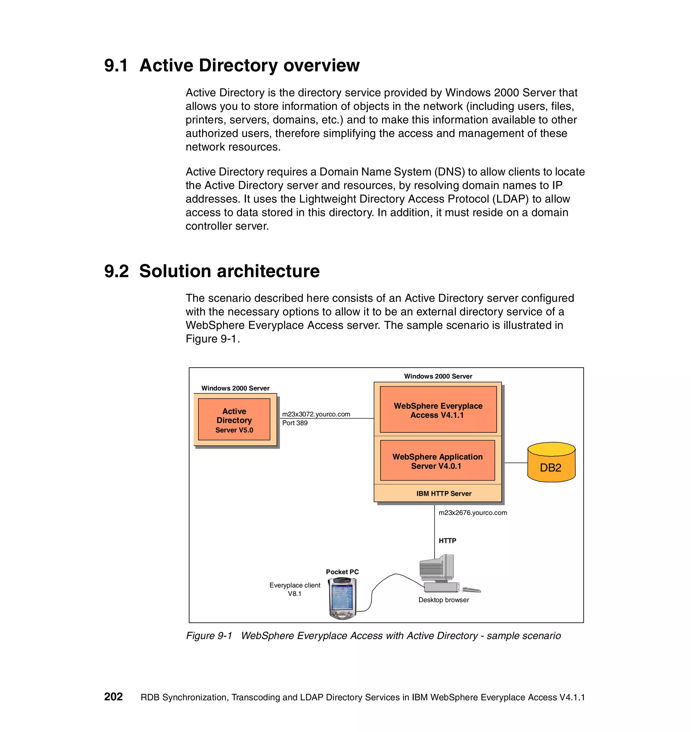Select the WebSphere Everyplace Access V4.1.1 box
(x=438, y=410)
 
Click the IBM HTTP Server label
(x=444, y=493)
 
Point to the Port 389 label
(x=295, y=423)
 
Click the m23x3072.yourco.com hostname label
(x=316, y=414)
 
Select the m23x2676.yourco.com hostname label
(x=472, y=513)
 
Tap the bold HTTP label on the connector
(x=447, y=541)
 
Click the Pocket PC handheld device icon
(x=342, y=598)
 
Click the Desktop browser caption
(x=443, y=600)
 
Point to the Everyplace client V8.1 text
(x=295, y=589)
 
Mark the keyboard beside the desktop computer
(x=471, y=590)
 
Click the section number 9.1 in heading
(x=116, y=65)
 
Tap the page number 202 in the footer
(x=113, y=697)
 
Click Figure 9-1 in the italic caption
(x=209, y=636)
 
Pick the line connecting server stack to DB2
(x=516, y=463)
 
